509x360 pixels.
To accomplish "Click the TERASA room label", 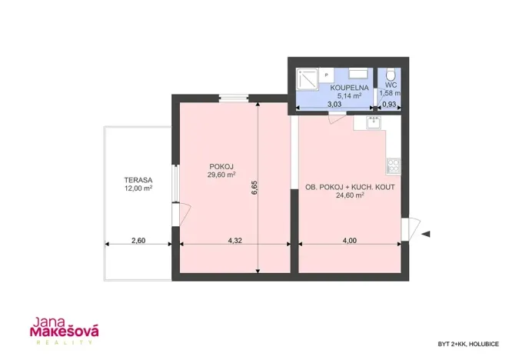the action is (138, 180).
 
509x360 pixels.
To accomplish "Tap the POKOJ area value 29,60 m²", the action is (221, 175).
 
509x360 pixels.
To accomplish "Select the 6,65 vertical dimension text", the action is (254, 188).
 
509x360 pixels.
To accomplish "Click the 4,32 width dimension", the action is (235, 241).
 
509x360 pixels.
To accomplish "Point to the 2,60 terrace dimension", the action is (138, 241).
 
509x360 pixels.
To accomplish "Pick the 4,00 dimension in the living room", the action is (350, 241).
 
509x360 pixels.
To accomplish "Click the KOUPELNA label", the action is (349, 88).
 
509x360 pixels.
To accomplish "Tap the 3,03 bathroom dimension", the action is (334, 105).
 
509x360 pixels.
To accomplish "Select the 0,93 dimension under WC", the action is (389, 105).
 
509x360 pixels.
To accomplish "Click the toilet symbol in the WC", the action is (390, 75).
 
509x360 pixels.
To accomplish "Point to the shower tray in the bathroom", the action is (307, 79).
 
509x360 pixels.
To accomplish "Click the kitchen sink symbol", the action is (374, 123).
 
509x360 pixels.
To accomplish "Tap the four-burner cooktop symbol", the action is (394, 165).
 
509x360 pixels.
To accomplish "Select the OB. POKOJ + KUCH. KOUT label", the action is (350, 187).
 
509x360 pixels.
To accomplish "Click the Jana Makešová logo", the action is (65, 331).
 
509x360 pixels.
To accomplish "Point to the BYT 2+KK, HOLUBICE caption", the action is (468, 344).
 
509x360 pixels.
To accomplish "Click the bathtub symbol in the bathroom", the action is (358, 74).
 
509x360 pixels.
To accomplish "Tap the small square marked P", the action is (327, 75).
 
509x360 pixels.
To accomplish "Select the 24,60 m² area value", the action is (350, 195).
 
